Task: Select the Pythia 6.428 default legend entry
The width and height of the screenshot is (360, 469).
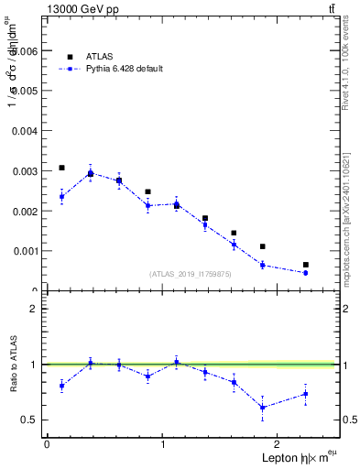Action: tap(123, 69)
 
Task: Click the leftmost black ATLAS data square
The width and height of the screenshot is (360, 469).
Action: tap(61, 168)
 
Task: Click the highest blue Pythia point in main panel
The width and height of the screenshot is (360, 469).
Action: tap(91, 173)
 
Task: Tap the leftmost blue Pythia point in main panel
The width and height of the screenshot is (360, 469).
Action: tap(61, 196)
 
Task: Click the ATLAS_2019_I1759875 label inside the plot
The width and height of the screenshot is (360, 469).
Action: tap(191, 273)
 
